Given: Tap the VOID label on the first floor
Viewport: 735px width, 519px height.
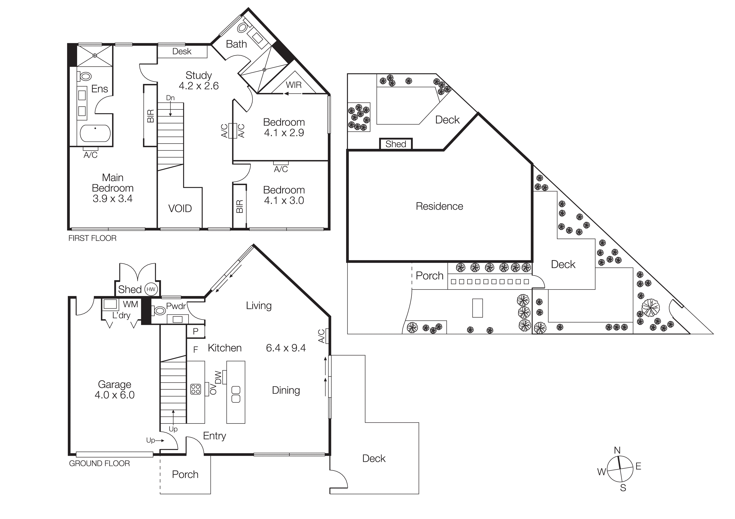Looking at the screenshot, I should [x=180, y=209].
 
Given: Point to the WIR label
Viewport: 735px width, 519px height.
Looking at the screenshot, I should [x=294, y=85].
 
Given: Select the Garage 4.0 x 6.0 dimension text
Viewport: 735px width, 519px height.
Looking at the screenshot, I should [x=115, y=395].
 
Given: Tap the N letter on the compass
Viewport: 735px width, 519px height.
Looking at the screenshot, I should [x=617, y=450].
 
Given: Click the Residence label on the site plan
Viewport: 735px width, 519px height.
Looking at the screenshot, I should [x=439, y=206].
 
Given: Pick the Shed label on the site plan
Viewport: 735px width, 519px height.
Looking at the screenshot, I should [x=396, y=144].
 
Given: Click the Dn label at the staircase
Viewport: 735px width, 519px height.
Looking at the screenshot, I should [x=170, y=98].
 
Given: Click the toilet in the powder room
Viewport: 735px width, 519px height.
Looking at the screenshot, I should [x=159, y=310].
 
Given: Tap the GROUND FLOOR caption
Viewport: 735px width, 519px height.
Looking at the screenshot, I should [x=99, y=463].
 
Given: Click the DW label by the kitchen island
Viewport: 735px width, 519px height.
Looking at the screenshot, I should [x=218, y=377].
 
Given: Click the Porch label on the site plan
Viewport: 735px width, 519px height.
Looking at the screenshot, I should [x=429, y=276].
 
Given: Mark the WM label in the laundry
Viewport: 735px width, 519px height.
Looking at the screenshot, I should [x=130, y=304].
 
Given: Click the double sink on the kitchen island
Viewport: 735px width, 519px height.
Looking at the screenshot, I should [x=236, y=394].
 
